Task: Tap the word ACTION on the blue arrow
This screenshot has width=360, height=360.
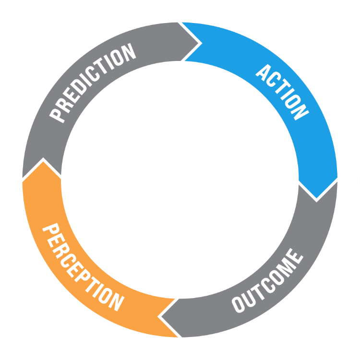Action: pyautogui.click(x=282, y=92)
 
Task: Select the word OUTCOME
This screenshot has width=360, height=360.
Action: pyautogui.click(x=268, y=281)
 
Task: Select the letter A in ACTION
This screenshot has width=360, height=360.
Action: pyautogui.click(x=264, y=72)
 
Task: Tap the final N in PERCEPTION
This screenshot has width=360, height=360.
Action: pyautogui.click(x=117, y=302)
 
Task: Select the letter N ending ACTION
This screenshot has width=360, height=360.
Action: pyautogui.click(x=300, y=112)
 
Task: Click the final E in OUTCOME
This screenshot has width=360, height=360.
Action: pyautogui.click(x=296, y=256)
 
